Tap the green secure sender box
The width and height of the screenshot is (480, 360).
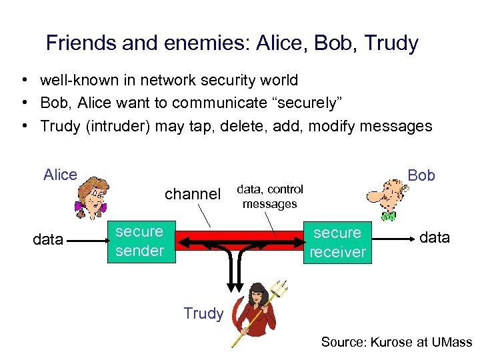[139, 241]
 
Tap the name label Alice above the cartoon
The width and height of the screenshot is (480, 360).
[60, 175]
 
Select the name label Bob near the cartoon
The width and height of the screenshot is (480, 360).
[421, 175]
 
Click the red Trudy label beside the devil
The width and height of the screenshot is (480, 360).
[203, 313]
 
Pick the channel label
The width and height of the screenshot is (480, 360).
[192, 194]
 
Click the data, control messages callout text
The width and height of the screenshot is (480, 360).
[270, 197]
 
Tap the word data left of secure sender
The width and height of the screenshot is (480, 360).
[48, 239]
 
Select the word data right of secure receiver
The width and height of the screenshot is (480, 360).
[435, 237]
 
